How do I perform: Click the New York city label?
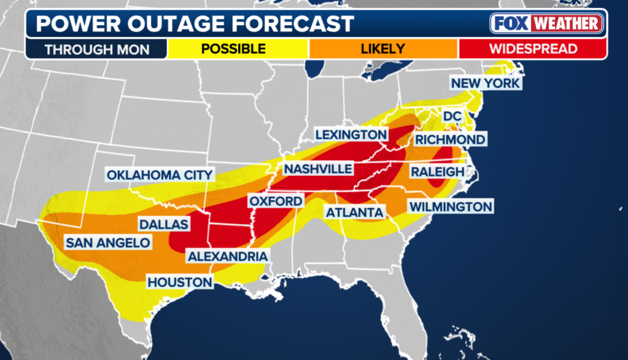pyautogui.click(x=485, y=83)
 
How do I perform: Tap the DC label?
pyautogui.click(x=452, y=116)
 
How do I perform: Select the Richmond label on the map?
pyautogui.click(x=450, y=139)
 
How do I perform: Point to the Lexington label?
pyautogui.click(x=351, y=135)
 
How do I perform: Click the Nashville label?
pyautogui.click(x=317, y=168)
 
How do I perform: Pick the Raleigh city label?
pyautogui.click(x=436, y=172)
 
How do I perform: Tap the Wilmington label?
pyautogui.click(x=451, y=206)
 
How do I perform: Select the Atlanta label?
pyautogui.click(x=354, y=213)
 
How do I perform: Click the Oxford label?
pyautogui.click(x=275, y=201)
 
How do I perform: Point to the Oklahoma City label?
pyautogui.click(x=160, y=175)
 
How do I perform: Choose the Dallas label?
pyautogui.click(x=163, y=224)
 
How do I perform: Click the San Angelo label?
pyautogui.click(x=107, y=243)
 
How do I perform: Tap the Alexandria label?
pyautogui.click(x=227, y=256)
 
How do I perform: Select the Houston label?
pyautogui.click(x=179, y=283)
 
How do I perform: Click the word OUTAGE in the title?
pyautogui.click(x=185, y=24)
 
